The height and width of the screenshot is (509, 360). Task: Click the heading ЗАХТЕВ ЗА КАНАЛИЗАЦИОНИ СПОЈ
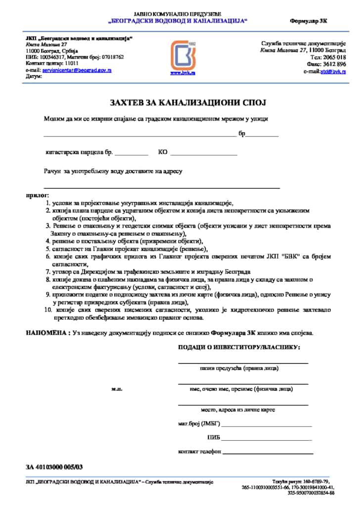tap(188, 103)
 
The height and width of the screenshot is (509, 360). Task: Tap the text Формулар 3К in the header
tap(309, 21)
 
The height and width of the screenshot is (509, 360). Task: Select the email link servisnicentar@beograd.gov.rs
tap(77, 70)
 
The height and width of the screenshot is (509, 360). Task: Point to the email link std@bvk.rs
tap(333, 71)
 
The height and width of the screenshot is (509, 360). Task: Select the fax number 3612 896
tap(335, 64)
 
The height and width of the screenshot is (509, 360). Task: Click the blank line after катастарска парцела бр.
tap(132, 154)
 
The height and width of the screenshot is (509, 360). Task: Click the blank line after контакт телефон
tap(267, 453)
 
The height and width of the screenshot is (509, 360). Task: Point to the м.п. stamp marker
tap(117, 389)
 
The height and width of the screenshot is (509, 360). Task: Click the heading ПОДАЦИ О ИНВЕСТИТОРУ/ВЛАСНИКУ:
tap(239, 347)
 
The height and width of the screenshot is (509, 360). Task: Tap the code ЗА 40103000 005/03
tap(54, 467)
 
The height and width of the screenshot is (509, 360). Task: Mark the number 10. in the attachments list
tap(48, 310)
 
